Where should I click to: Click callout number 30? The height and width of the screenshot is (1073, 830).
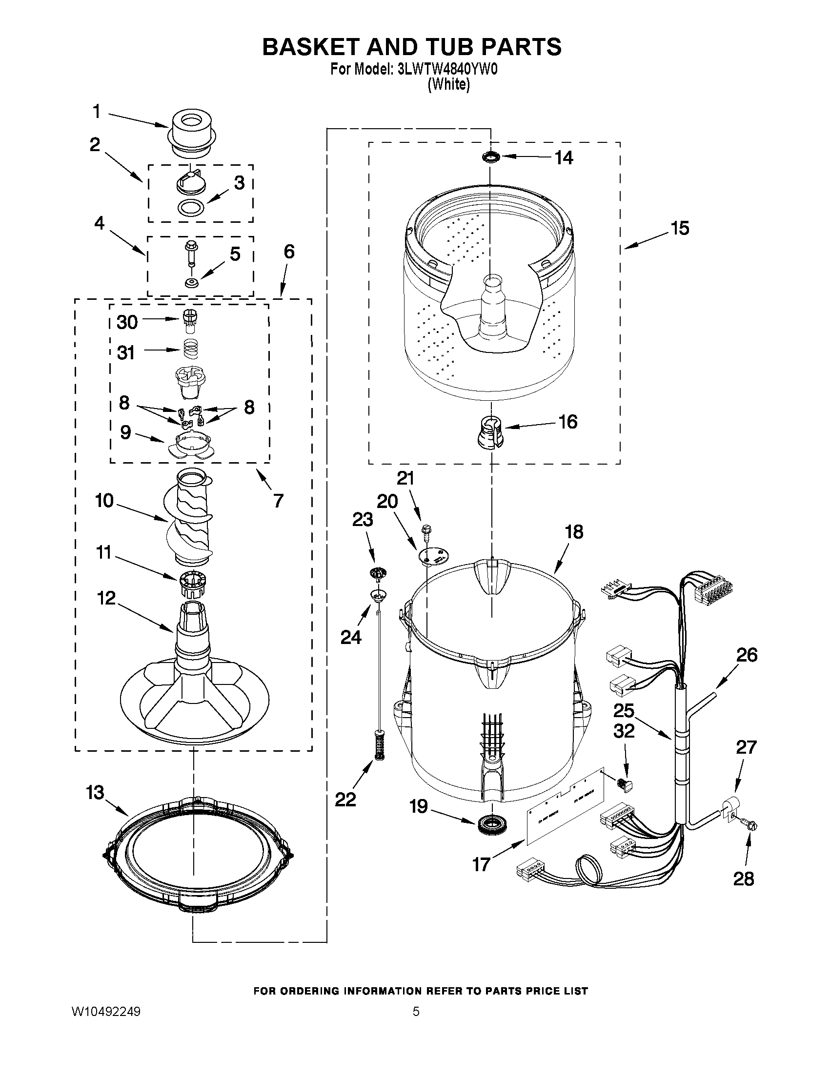pos(127,322)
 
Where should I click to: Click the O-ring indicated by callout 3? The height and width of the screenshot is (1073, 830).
pos(191,208)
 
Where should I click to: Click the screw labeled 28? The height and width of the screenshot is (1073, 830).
pos(750,827)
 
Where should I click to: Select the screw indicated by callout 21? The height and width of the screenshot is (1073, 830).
pos(425,530)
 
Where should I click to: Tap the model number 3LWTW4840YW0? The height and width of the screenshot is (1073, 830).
pos(447,70)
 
